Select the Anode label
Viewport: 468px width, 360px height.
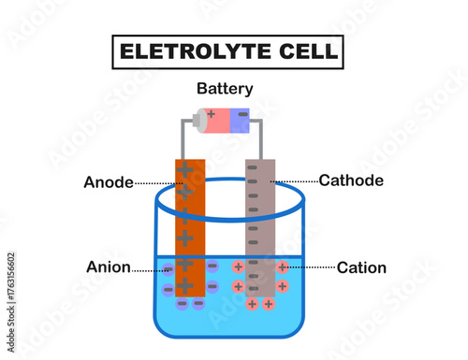[x=109, y=182]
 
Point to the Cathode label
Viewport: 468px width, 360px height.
[x=351, y=180]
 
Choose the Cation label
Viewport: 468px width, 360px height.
[x=361, y=267]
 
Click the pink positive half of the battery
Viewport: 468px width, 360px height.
[x=218, y=121]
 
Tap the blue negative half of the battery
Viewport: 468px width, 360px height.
[x=240, y=121]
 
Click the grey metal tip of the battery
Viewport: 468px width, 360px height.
[x=199, y=121]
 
